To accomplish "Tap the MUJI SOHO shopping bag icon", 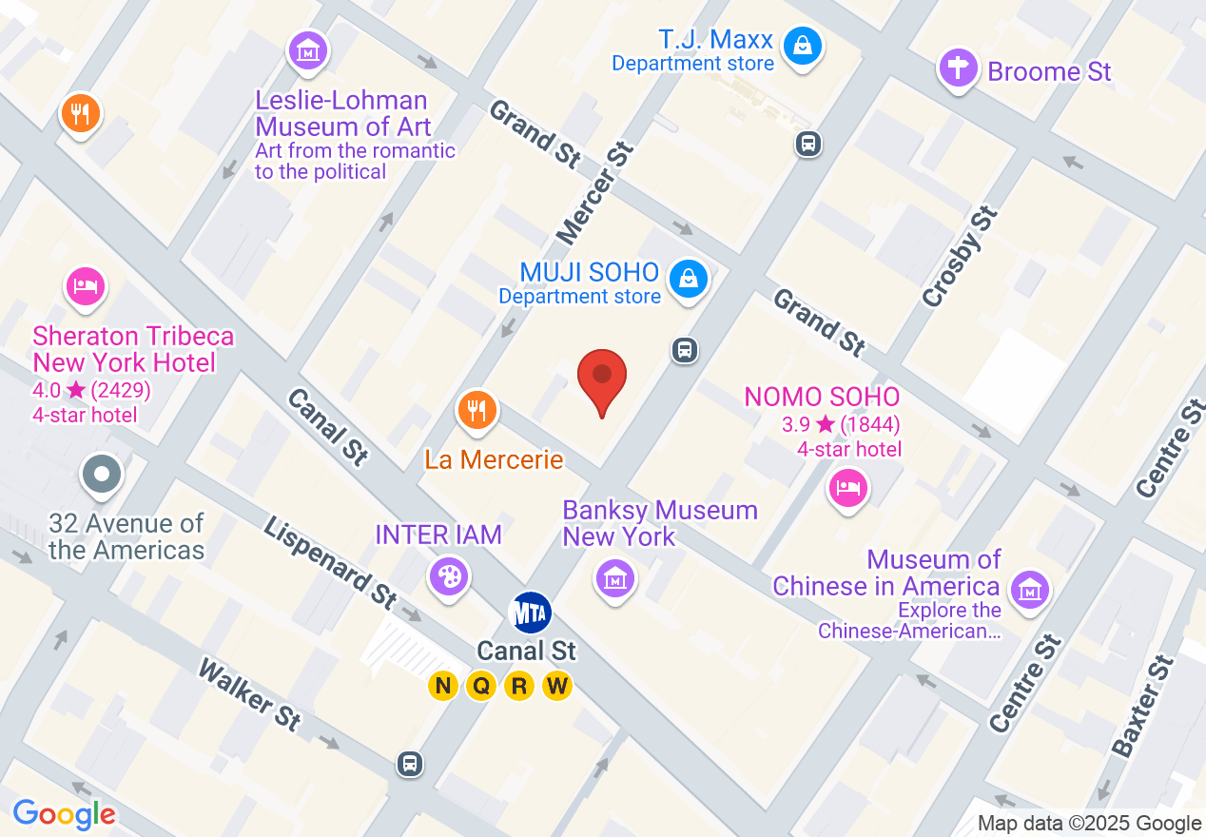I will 687,279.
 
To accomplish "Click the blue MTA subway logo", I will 531,613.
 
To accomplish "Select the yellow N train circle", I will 442,685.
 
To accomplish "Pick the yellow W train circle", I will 556,685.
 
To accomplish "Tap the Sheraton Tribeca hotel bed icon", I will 85,285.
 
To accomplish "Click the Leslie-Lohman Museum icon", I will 307,50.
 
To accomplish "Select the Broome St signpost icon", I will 959,68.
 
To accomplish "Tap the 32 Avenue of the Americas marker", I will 102,473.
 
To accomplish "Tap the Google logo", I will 65,814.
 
